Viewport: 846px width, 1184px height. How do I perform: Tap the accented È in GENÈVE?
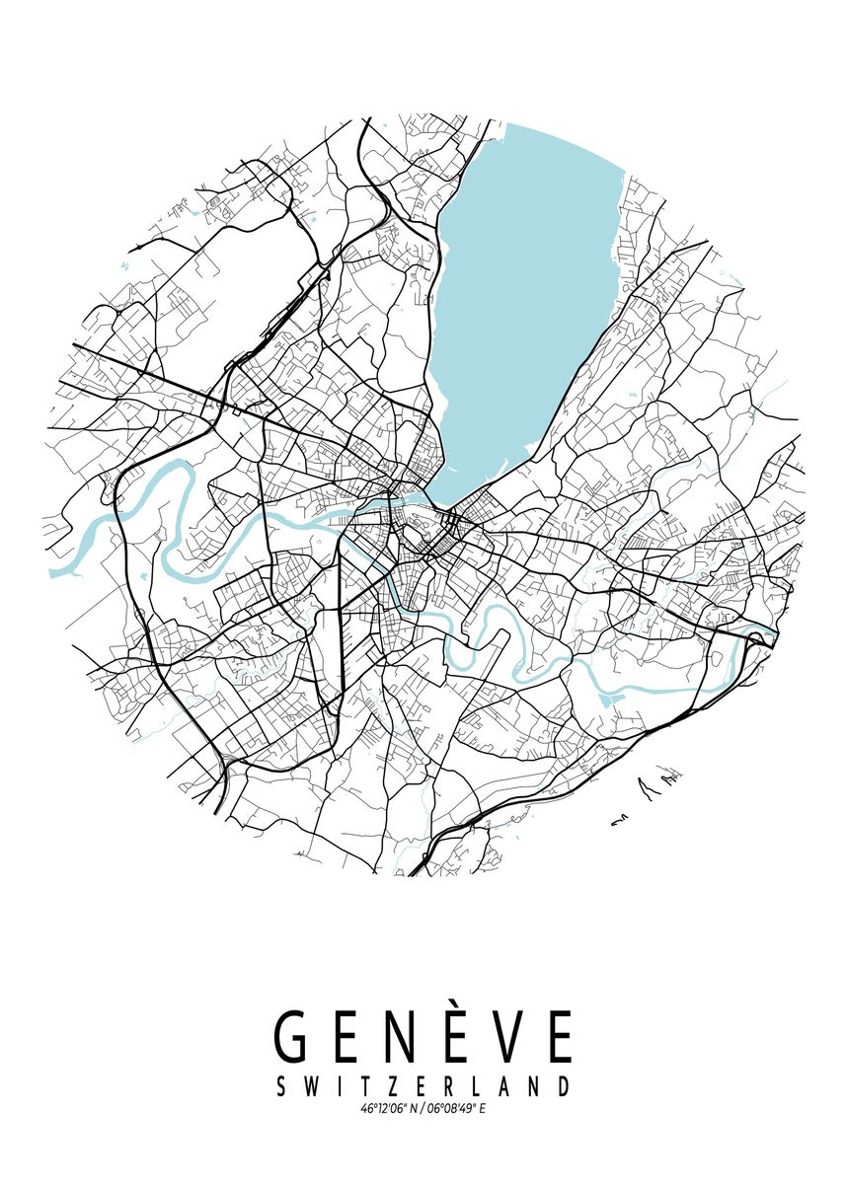(x=447, y=1037)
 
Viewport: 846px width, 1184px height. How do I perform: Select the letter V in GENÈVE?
(x=500, y=1037)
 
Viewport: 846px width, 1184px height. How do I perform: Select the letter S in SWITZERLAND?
(x=281, y=1086)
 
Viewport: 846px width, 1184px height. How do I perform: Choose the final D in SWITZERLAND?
(x=563, y=1086)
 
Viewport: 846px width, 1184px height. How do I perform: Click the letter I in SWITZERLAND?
(x=335, y=1086)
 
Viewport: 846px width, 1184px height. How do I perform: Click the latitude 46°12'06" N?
(x=387, y=1109)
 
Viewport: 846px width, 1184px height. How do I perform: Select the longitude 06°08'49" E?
(x=455, y=1109)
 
